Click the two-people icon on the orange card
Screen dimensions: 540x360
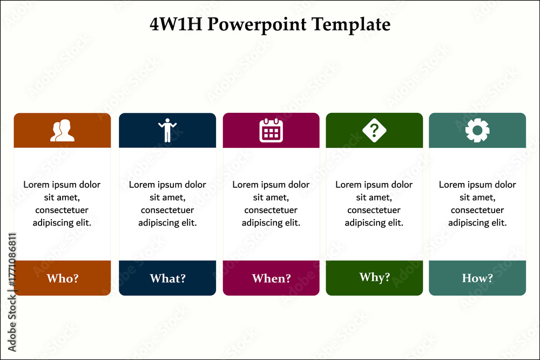pos(62,131)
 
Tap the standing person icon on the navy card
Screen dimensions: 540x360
pos(167,131)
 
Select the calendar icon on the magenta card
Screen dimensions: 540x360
pos(271,130)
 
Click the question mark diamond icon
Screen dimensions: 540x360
pos(374,131)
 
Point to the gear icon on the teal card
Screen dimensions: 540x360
pos(477,131)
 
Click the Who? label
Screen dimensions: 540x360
pos(63,278)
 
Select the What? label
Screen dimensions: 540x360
pos(168,278)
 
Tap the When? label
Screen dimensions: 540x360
pos(272,278)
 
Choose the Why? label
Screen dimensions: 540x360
pos(375,277)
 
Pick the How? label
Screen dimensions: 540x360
pos(477,278)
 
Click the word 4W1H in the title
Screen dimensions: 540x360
pos(176,24)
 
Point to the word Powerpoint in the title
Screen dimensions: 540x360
pos(257,25)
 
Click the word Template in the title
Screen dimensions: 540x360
pos(351,25)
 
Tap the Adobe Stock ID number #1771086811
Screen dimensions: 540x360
pos(12,260)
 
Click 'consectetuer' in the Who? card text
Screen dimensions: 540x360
pos(62,210)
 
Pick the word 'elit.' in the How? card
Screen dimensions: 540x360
pos(499,223)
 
